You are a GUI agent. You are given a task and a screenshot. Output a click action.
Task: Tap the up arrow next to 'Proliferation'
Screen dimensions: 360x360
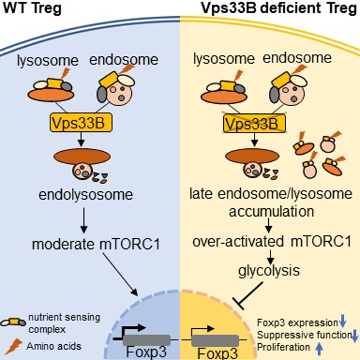319,347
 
